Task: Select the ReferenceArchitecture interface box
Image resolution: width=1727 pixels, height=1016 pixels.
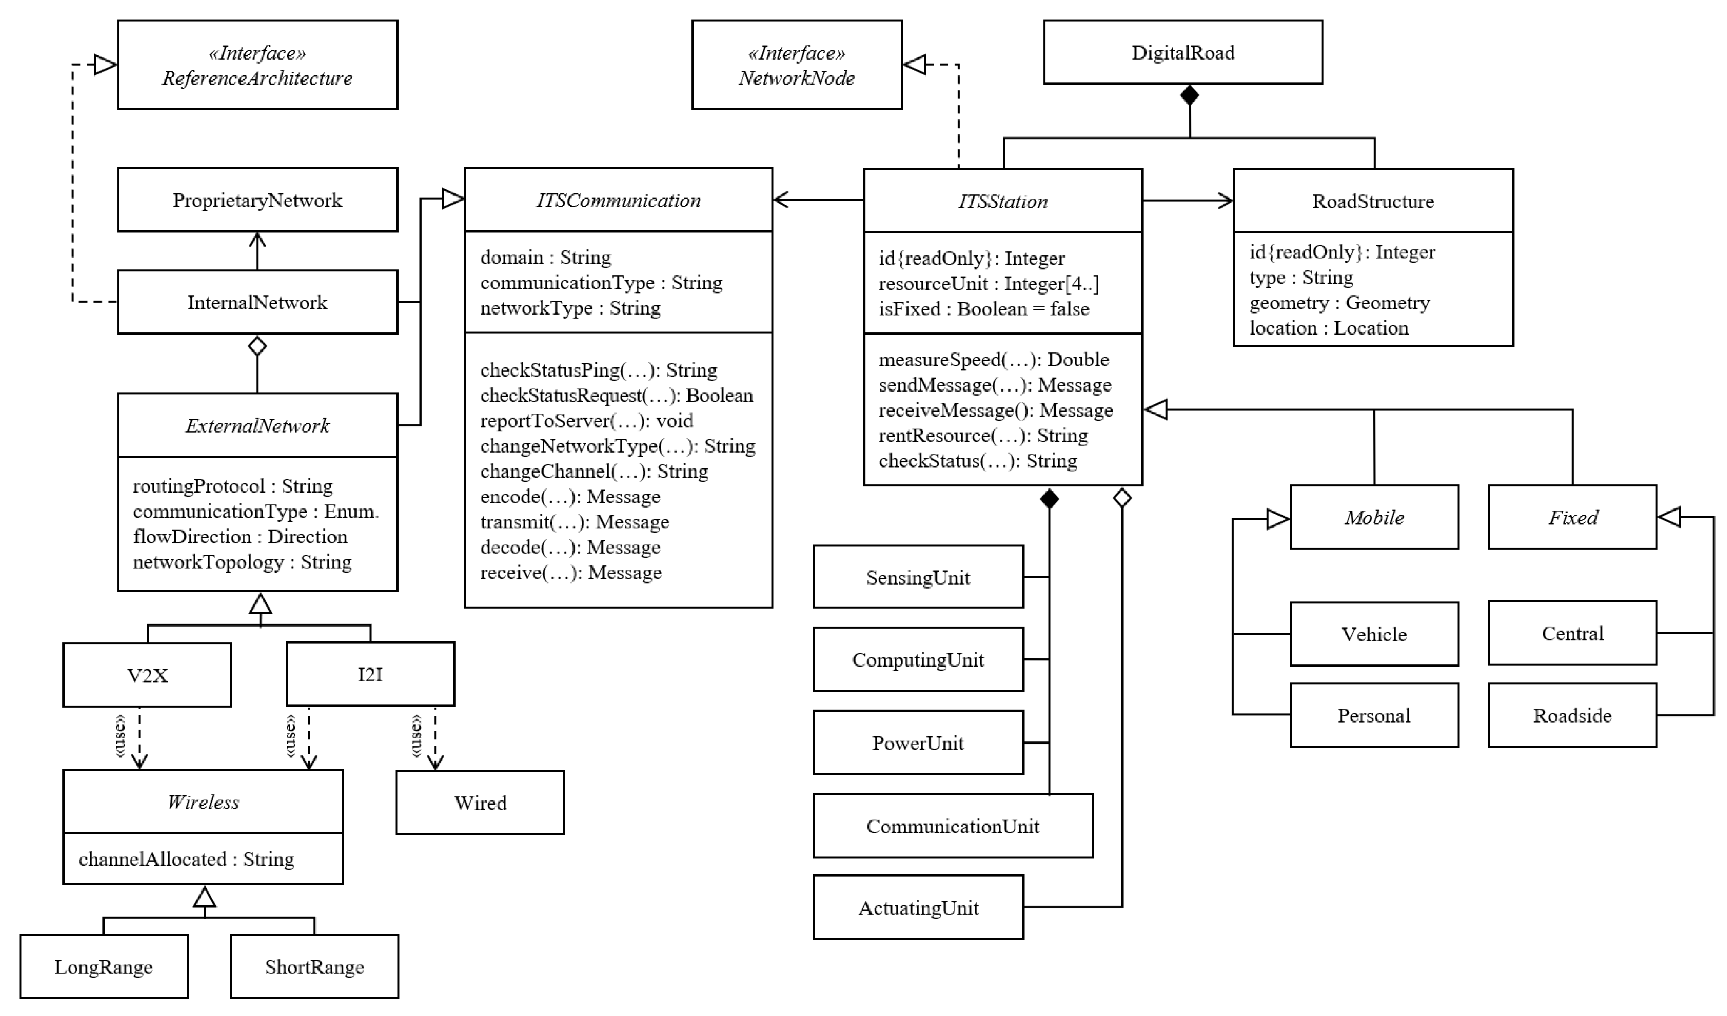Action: pos(257,65)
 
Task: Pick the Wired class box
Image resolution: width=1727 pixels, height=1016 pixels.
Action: pos(480,802)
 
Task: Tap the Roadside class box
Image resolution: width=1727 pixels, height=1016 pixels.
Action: pos(1572,715)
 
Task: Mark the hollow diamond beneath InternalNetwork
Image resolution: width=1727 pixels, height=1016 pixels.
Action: pos(257,346)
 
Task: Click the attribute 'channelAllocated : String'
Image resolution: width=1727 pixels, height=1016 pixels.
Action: pos(187,859)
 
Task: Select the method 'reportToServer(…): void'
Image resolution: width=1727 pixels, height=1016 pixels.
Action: pos(586,420)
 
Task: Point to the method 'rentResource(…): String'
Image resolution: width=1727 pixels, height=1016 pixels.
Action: pos(983,435)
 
